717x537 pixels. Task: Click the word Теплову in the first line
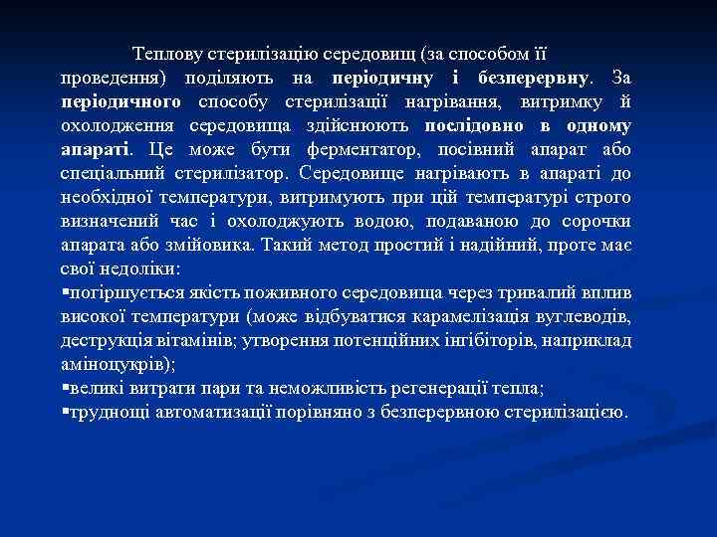(x=165, y=54)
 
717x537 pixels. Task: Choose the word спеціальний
(x=110, y=174)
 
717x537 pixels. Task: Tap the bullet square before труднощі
(x=64, y=412)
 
